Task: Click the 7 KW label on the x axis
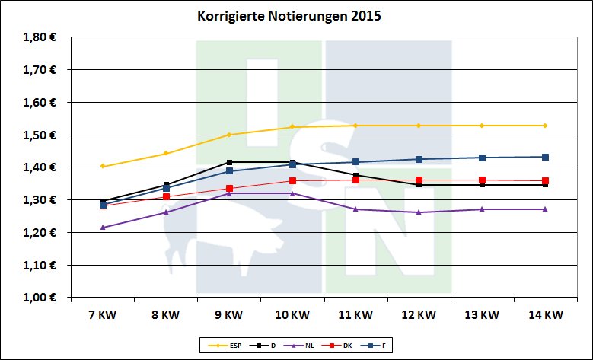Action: [x=103, y=314]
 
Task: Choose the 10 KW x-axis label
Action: [x=292, y=314]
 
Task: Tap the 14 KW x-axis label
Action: [x=545, y=314]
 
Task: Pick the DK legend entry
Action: [x=338, y=346]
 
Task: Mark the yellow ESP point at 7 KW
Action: [x=103, y=166]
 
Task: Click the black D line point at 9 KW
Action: [x=229, y=162]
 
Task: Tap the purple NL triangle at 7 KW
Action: [x=103, y=227]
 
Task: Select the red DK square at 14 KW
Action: [x=545, y=181]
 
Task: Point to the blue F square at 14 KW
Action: [x=545, y=157]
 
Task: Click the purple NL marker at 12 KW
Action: [x=419, y=212]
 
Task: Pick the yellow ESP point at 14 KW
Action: [x=545, y=126]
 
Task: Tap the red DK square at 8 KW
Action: [x=166, y=196]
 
